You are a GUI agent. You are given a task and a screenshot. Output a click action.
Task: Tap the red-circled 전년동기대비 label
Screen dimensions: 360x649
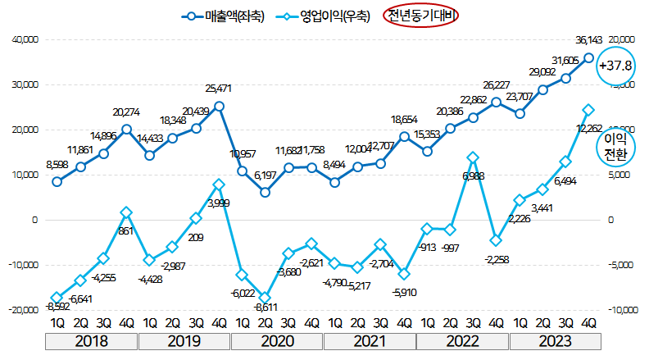[423, 16]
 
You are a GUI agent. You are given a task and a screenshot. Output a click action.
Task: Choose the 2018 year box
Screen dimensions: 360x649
[92, 339]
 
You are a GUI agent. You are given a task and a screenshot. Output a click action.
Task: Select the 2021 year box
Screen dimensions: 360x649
[370, 339]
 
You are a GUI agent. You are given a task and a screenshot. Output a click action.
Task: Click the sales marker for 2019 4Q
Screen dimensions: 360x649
[219, 106]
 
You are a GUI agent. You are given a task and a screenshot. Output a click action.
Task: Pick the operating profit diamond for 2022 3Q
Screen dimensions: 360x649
[473, 157]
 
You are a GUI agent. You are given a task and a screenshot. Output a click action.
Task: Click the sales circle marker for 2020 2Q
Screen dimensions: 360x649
[265, 192]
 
